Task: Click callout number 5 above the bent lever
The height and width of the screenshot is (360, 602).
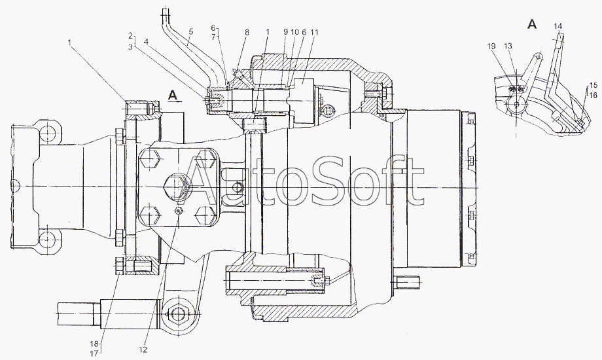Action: (190, 31)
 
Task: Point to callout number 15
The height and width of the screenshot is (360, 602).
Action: (592, 86)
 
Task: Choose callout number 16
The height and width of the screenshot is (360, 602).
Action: (592, 95)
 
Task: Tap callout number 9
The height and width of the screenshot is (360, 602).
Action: (285, 31)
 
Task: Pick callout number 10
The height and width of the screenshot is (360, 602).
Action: (294, 31)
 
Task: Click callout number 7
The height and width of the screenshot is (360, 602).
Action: (213, 37)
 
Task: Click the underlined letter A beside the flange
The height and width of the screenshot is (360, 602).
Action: (173, 96)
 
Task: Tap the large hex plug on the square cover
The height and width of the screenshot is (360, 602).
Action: (177, 185)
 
